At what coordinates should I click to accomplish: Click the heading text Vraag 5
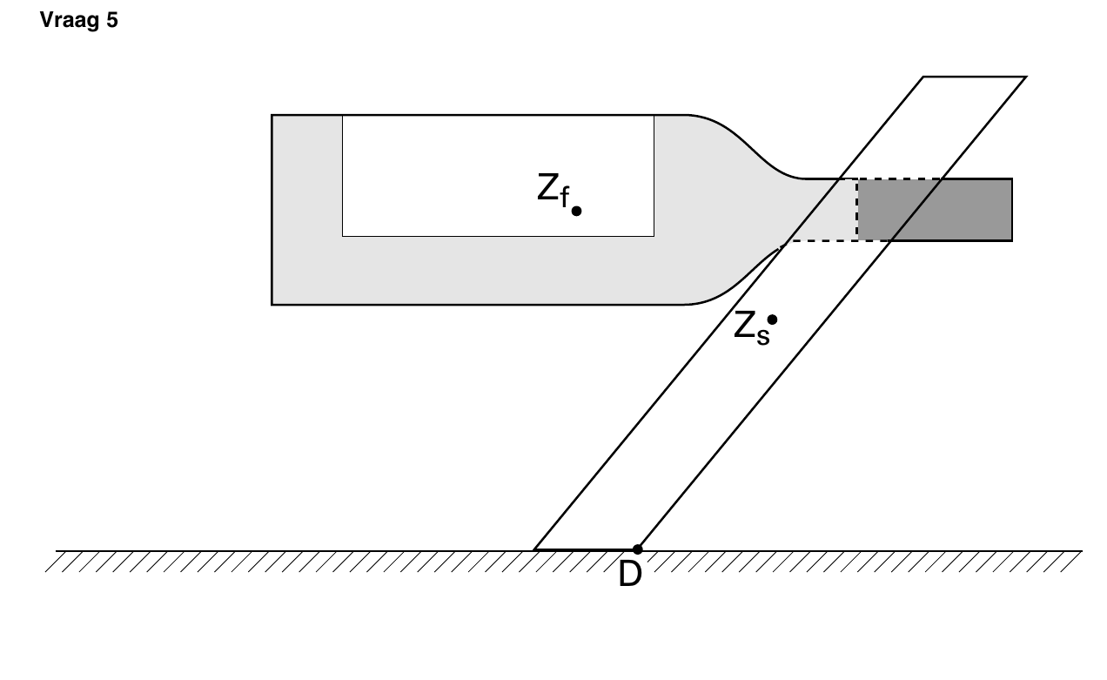(79, 20)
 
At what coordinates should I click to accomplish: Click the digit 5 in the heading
(112, 20)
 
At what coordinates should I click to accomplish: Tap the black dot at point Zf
(576, 212)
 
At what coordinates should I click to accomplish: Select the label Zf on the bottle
(553, 190)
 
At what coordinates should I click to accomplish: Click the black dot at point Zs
(772, 320)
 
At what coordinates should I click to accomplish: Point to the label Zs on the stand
(752, 328)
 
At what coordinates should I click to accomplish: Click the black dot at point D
(638, 549)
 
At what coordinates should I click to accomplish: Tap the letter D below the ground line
(630, 574)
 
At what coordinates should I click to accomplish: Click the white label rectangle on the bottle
(498, 176)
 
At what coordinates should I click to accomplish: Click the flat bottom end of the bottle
(272, 210)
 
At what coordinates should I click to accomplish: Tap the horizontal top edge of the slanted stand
(975, 77)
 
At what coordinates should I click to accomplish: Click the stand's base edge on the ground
(586, 549)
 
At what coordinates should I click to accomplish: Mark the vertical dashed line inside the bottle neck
(857, 210)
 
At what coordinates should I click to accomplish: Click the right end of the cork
(1012, 210)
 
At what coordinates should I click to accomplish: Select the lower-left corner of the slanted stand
(534, 549)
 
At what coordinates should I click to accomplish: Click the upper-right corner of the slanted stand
(1026, 77)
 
